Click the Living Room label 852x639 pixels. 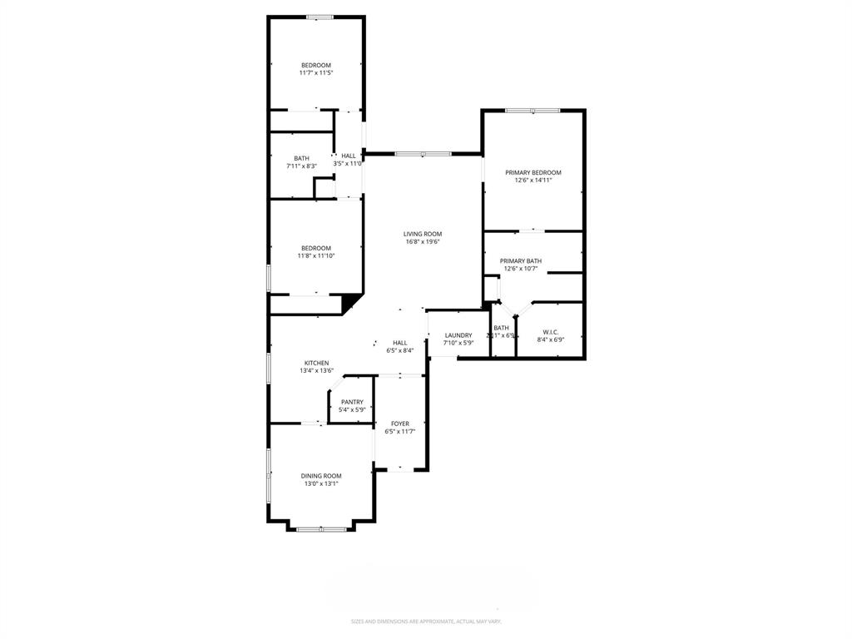[422, 234]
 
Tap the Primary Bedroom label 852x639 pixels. [533, 172]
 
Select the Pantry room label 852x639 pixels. [352, 402]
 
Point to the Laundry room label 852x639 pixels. [458, 335]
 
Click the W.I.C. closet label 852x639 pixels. [550, 331]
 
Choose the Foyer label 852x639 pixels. [400, 424]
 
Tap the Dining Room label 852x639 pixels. [321, 476]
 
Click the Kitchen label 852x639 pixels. [316, 363]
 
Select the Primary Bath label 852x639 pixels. [521, 260]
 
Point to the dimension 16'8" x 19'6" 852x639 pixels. [422, 242]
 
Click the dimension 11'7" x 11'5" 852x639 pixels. [316, 73]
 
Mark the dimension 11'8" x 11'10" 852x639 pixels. [316, 256]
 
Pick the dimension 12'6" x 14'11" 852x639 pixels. [533, 181]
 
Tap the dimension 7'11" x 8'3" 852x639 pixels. [301, 166]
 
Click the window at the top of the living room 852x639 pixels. [423, 154]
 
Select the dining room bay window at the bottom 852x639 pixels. [321, 528]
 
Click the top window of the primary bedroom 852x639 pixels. [532, 111]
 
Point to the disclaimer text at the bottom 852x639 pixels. [426, 622]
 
